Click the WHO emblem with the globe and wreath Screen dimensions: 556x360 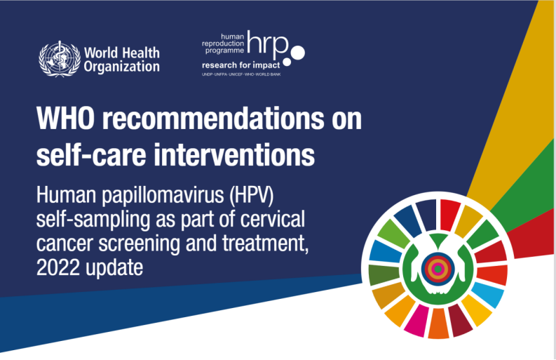[60, 59]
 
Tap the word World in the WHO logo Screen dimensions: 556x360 [101, 53]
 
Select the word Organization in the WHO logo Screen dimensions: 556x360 [121, 67]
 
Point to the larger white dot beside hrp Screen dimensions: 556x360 [297, 53]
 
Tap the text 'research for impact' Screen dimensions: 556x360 [240, 65]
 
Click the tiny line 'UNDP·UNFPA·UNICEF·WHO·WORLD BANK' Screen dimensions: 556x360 [241, 74]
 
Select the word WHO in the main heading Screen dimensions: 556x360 [66, 118]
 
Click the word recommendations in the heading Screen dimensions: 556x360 [212, 118]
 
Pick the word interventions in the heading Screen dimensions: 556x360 [234, 155]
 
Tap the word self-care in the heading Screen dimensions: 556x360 [91, 155]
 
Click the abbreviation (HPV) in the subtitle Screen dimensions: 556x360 [252, 195]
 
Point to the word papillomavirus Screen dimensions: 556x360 [163, 196]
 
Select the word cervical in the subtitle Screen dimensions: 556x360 [272, 219]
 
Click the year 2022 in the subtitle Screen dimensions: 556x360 [57, 267]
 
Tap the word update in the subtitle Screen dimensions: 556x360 [114, 268]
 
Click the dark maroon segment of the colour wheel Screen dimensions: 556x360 [459, 320]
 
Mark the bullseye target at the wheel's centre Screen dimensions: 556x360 [438, 269]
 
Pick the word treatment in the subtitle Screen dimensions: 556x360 [265, 244]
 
